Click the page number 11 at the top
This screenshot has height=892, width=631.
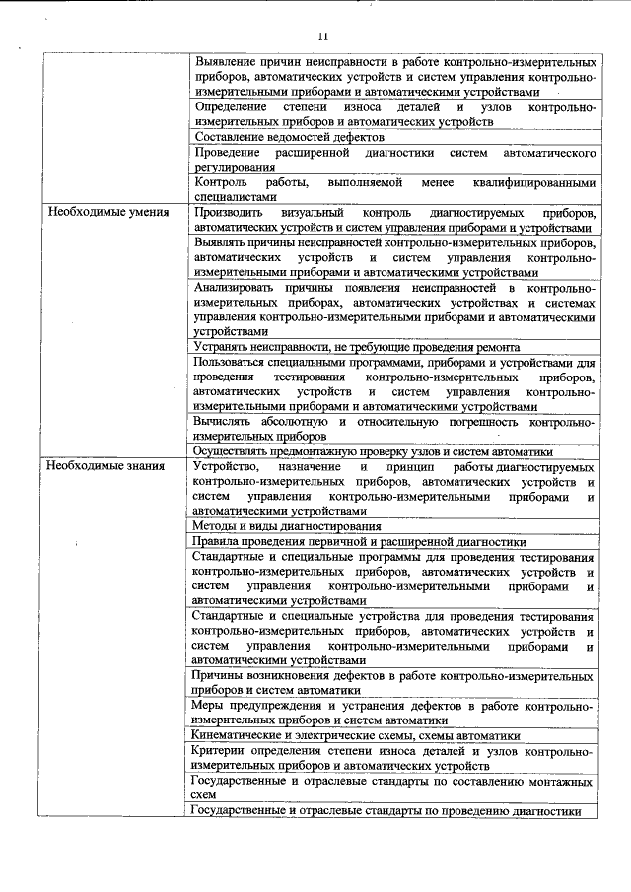[322, 36]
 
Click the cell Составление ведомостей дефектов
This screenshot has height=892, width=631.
[276, 137]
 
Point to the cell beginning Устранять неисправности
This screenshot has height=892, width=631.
[357, 347]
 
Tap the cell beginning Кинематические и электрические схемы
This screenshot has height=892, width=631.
[357, 735]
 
